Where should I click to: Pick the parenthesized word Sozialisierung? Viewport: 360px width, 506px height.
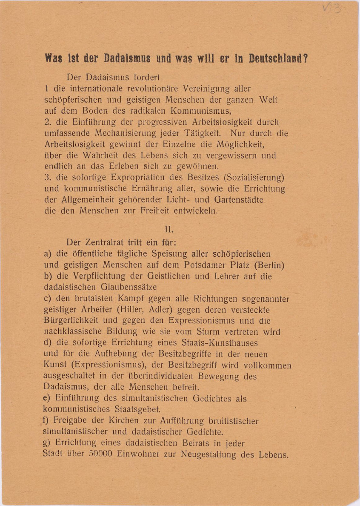tap(251, 177)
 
